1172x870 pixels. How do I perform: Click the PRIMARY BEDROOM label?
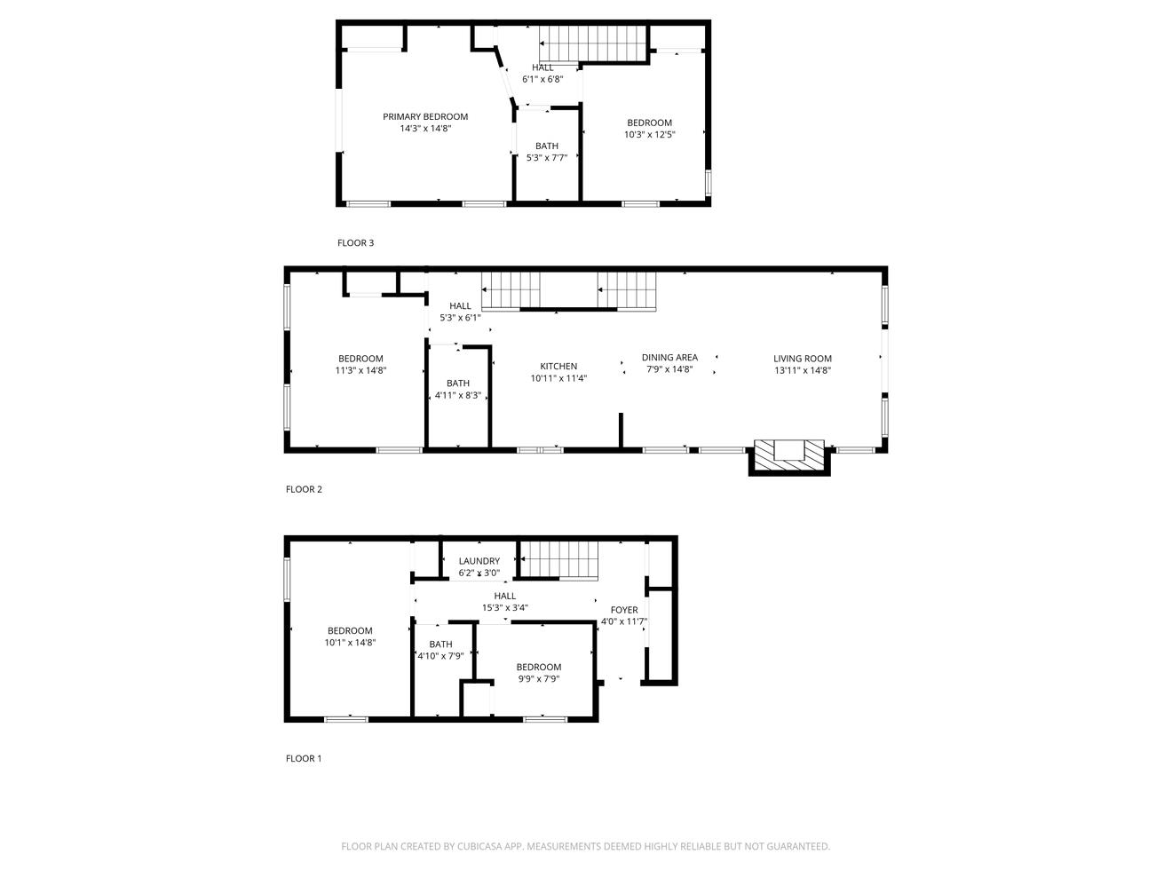(x=424, y=116)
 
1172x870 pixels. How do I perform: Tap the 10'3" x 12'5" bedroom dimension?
(x=649, y=135)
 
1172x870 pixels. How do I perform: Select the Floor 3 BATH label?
(x=546, y=146)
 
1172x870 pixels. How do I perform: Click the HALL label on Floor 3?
(x=542, y=67)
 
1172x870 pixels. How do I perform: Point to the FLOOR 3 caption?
(x=355, y=242)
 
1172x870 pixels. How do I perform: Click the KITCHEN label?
(x=558, y=366)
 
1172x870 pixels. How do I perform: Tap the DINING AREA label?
(x=669, y=358)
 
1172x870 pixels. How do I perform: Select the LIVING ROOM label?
(x=802, y=359)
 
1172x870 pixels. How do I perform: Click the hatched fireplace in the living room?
(x=788, y=456)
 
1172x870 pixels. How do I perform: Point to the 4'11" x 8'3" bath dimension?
(x=457, y=395)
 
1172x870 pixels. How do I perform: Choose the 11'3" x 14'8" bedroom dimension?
(x=360, y=370)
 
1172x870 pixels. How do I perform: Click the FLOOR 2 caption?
(x=304, y=489)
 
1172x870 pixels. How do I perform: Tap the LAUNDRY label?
(x=479, y=561)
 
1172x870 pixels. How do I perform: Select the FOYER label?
(x=624, y=610)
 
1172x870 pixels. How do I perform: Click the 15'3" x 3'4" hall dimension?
(x=504, y=608)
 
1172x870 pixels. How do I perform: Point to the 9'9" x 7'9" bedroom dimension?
(x=539, y=679)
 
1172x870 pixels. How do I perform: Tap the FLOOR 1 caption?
(x=304, y=758)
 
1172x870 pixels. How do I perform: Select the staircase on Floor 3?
(x=591, y=43)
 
